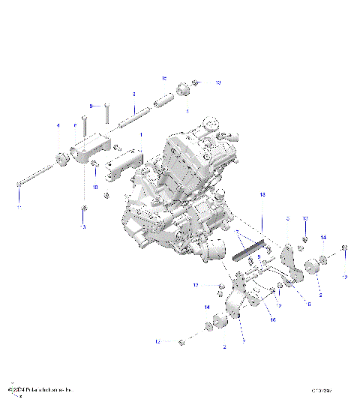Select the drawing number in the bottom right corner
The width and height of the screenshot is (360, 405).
click(x=323, y=391)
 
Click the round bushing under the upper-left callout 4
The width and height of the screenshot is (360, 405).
click(x=60, y=157)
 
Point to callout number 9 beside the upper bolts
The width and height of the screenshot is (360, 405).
click(x=91, y=106)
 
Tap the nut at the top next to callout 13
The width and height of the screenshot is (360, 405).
click(x=195, y=82)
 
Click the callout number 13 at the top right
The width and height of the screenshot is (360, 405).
click(x=218, y=82)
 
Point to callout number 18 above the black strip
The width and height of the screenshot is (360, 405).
click(x=263, y=194)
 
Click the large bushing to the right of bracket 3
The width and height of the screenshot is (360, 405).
click(x=309, y=266)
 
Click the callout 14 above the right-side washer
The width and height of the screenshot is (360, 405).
click(x=323, y=237)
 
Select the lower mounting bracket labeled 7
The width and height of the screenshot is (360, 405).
click(x=237, y=300)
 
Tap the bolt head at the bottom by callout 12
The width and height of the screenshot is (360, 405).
click(x=183, y=342)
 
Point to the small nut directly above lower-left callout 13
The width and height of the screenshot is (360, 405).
click(x=84, y=208)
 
